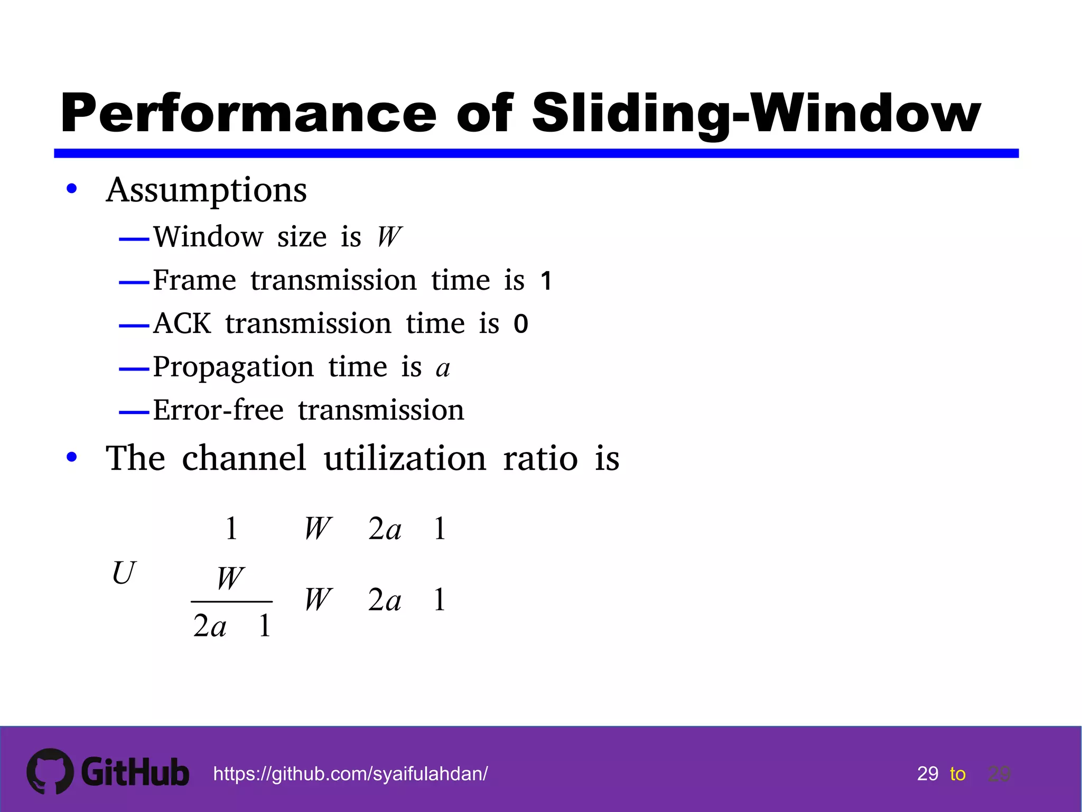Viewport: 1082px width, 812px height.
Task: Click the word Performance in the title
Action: click(248, 113)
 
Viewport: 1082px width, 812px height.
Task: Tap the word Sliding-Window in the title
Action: click(755, 113)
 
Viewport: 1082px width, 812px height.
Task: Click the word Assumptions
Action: click(206, 190)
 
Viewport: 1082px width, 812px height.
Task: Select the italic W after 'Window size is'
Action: click(389, 236)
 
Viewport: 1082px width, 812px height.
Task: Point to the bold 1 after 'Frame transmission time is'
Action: click(546, 281)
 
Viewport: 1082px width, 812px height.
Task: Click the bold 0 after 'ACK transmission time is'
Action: click(521, 324)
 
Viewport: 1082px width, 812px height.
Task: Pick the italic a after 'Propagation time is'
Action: click(443, 368)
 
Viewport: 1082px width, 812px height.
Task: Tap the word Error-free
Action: click(218, 410)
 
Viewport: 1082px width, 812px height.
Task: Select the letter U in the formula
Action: click(124, 573)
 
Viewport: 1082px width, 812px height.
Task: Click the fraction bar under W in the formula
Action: click(231, 602)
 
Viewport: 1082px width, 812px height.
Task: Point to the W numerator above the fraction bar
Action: click(230, 578)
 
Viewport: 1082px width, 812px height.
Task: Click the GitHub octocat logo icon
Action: click(50, 771)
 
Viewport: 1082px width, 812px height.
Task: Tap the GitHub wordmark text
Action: click(135, 772)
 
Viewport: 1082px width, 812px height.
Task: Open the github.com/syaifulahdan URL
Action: click(350, 774)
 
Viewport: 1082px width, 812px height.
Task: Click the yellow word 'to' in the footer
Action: click(957, 774)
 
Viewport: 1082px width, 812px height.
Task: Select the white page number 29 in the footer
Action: click(928, 774)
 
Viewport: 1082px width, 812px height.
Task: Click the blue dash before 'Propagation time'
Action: click(134, 369)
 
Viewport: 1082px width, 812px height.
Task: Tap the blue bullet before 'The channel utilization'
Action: click(72, 458)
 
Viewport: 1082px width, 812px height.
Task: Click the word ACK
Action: click(182, 324)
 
